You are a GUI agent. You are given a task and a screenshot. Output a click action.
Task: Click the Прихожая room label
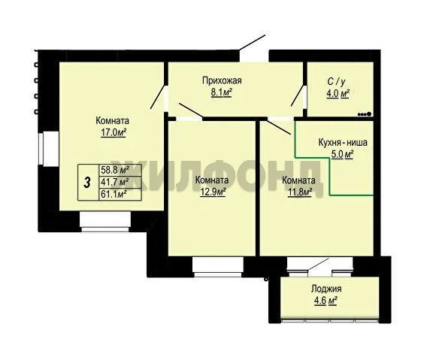222,80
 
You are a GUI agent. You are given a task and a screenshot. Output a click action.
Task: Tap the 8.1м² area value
221,93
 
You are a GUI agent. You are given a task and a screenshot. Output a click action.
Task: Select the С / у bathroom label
336,82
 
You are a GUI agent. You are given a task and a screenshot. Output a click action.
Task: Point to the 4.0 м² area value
338,94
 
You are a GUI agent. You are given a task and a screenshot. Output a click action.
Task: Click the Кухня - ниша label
343,143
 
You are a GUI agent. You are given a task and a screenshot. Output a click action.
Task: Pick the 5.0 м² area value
343,154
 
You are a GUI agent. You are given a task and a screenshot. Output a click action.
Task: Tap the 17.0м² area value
114,133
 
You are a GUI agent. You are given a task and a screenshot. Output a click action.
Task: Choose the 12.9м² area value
213,192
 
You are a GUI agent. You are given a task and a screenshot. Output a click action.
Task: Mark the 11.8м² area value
300,192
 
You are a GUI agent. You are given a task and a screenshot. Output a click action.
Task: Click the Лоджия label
326,289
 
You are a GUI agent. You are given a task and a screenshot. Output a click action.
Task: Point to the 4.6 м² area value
326,301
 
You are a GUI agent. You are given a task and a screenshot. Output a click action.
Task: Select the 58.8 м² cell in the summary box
120,170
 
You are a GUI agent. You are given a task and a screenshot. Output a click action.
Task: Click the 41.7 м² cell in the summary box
120,182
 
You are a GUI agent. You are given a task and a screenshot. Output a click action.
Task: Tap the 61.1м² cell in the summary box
120,194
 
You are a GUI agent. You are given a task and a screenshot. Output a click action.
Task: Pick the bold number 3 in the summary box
87,183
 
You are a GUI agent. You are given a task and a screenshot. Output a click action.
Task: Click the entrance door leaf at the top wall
252,43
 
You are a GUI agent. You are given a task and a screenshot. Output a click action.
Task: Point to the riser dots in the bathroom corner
365,113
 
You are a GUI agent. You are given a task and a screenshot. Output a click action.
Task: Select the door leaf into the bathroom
297,95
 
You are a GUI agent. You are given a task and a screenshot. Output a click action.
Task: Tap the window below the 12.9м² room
218,267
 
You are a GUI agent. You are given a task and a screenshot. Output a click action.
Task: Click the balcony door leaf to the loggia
317,265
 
